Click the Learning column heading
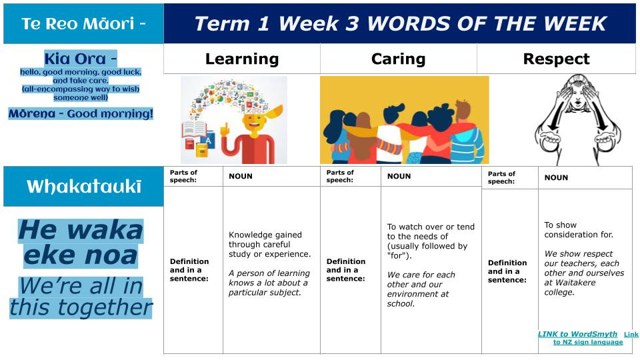242,59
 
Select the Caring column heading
399,59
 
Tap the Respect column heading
556,59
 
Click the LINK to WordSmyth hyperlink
577,334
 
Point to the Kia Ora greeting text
81,59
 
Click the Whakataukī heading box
83,186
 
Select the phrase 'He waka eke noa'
81,243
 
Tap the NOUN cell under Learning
241,176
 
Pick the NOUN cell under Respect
556,177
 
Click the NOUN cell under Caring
399,176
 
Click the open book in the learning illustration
194,129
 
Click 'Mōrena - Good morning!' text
81,113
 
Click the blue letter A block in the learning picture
208,141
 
